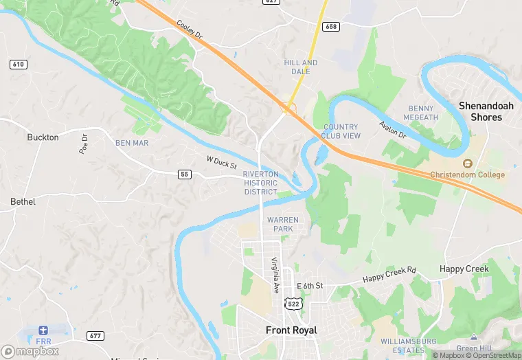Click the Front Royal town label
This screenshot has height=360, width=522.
click(x=291, y=330)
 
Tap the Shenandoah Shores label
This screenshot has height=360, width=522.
click(x=490, y=111)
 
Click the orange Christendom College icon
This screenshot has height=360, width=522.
click(x=468, y=164)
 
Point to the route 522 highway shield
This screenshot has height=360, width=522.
click(x=291, y=303)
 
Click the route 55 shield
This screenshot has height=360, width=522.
click(x=184, y=175)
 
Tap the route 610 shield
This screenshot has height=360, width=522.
click(x=19, y=64)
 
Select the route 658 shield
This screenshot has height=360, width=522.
click(x=332, y=26)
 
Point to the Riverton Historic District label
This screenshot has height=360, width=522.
click(x=260, y=183)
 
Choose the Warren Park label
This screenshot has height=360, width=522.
click(x=283, y=224)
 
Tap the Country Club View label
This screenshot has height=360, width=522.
click(x=341, y=131)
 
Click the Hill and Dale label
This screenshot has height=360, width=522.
click(x=301, y=67)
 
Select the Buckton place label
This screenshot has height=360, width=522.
click(x=43, y=137)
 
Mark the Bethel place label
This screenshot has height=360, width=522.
click(x=23, y=202)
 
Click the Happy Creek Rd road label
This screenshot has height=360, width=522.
click(x=389, y=275)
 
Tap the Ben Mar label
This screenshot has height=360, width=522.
click(x=131, y=143)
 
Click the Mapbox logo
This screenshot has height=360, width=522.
click(x=30, y=350)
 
